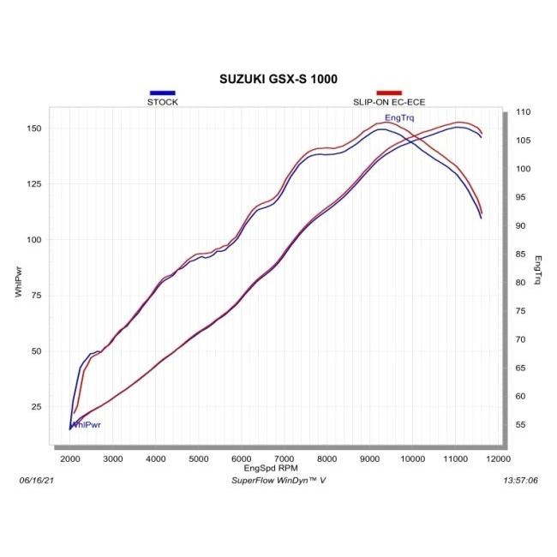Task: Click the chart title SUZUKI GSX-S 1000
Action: point(278,78)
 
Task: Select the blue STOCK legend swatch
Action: point(162,93)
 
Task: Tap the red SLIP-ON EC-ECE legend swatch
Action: point(389,93)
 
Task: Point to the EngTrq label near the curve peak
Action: point(399,117)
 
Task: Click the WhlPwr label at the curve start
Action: point(89,424)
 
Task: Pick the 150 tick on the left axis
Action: point(35,129)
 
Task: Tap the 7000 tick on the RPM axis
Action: point(284,459)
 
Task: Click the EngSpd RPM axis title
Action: point(272,469)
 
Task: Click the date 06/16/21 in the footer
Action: point(35,481)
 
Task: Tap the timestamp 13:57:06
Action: point(521,481)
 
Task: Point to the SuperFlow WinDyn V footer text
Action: point(278,481)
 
